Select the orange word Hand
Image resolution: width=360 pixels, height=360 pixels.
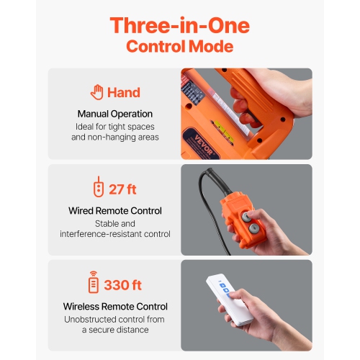(x=124, y=93)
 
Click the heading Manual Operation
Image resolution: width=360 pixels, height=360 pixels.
(x=114, y=114)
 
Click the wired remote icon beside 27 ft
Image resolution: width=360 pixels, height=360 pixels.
(x=98, y=189)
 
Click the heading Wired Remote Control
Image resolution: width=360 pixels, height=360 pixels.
(x=114, y=211)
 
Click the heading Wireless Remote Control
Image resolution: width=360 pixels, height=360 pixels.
(x=114, y=306)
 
